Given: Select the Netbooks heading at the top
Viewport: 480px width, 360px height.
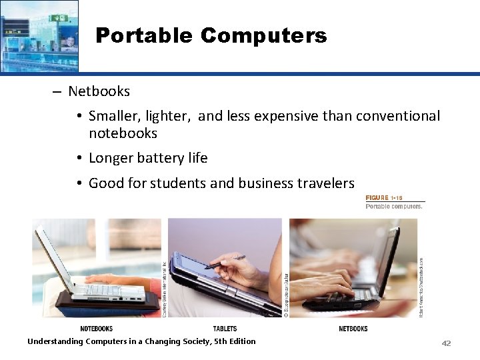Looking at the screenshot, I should tap(99, 91).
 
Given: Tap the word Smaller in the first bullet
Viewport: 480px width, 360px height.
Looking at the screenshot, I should tap(114, 116).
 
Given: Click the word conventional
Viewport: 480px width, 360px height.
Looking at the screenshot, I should tap(398, 116).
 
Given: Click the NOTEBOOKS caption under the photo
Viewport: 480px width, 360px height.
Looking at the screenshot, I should tap(96, 329).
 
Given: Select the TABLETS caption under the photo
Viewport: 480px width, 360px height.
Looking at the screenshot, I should tap(225, 329).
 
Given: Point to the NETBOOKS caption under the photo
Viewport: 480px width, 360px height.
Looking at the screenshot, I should tap(353, 329).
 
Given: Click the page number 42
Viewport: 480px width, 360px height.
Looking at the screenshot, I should tap(446, 343).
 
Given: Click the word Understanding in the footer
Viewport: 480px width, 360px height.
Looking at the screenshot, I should tap(55, 341).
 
